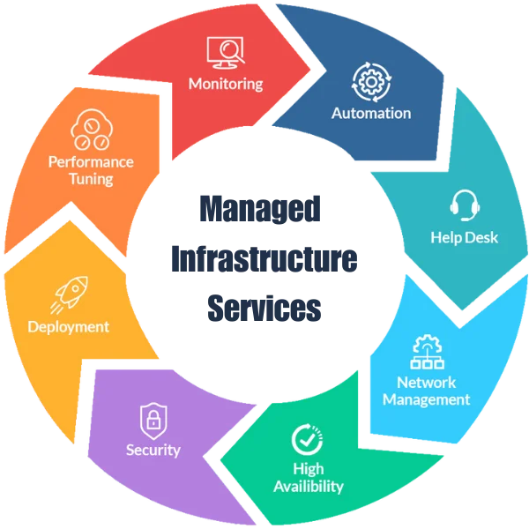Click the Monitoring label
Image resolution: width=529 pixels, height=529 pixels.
(226, 85)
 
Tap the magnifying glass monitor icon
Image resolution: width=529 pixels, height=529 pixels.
(225, 53)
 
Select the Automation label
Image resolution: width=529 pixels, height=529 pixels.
(371, 113)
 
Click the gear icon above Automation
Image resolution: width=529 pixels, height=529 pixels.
(370, 81)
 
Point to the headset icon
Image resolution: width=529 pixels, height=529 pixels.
(465, 205)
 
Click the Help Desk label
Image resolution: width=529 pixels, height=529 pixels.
(465, 237)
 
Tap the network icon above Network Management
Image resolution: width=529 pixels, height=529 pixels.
(426, 352)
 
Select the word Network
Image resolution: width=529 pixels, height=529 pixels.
(426, 383)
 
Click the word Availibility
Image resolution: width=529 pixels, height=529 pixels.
(308, 486)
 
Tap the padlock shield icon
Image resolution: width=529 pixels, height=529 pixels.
(153, 417)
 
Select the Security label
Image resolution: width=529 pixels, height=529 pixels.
(153, 451)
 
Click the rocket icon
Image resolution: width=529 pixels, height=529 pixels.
(69, 294)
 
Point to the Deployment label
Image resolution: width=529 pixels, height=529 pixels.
(68, 327)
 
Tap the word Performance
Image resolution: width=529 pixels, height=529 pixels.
(92, 162)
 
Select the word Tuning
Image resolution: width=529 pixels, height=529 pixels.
(92, 179)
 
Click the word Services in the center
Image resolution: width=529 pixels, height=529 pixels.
(263, 309)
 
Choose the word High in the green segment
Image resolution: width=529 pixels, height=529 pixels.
(308, 469)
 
